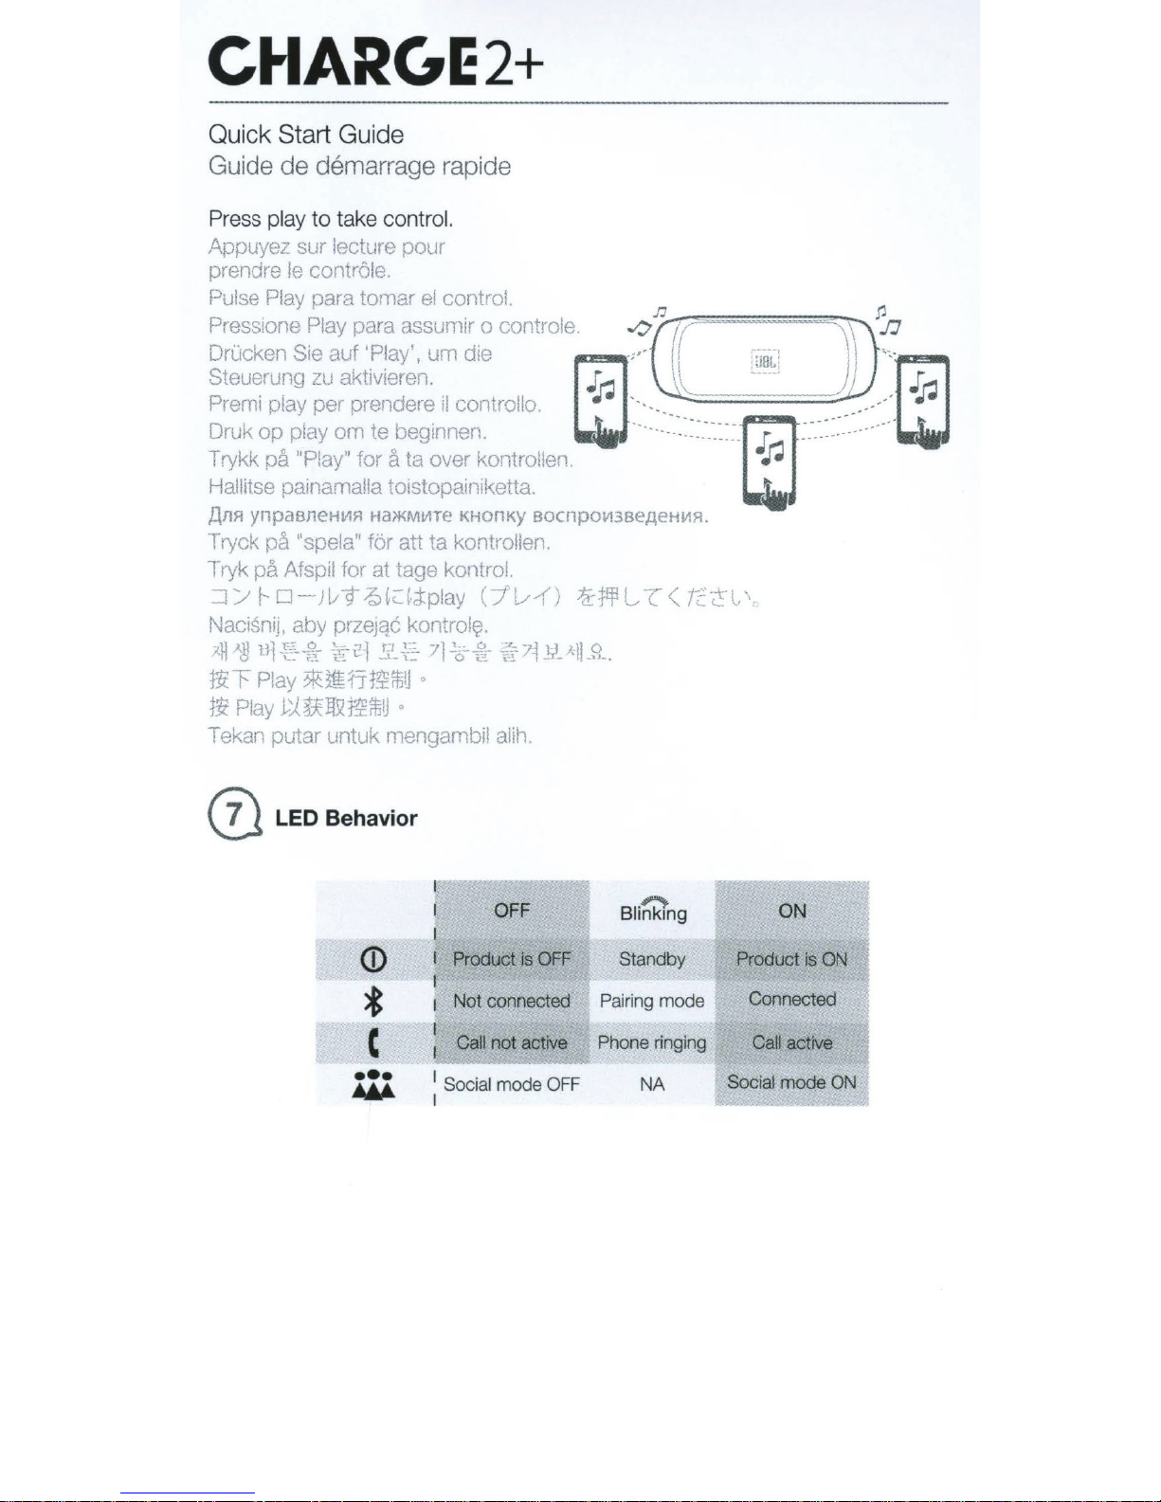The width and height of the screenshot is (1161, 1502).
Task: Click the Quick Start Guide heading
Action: tap(306, 135)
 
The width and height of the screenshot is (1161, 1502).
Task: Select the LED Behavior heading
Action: tap(346, 819)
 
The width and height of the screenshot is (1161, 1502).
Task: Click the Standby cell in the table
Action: tap(652, 959)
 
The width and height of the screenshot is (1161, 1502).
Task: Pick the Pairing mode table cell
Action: tap(652, 1001)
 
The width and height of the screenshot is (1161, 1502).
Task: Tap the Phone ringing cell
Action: tap(652, 1042)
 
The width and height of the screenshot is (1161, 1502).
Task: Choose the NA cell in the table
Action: tap(652, 1084)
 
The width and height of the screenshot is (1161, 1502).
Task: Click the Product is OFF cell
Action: tap(512, 959)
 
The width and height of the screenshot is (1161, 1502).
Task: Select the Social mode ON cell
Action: tap(791, 1082)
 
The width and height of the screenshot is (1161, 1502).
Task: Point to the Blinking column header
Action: tap(653, 912)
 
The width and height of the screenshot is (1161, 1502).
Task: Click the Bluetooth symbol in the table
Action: tap(374, 1001)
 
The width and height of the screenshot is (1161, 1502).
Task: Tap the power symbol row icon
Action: tap(374, 960)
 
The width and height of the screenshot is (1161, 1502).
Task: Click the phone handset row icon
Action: tap(374, 1043)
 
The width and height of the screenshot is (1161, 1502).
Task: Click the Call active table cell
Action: tap(791, 1042)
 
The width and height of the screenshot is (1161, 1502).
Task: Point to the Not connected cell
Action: tap(512, 1001)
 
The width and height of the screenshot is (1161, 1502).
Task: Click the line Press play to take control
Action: tap(331, 219)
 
